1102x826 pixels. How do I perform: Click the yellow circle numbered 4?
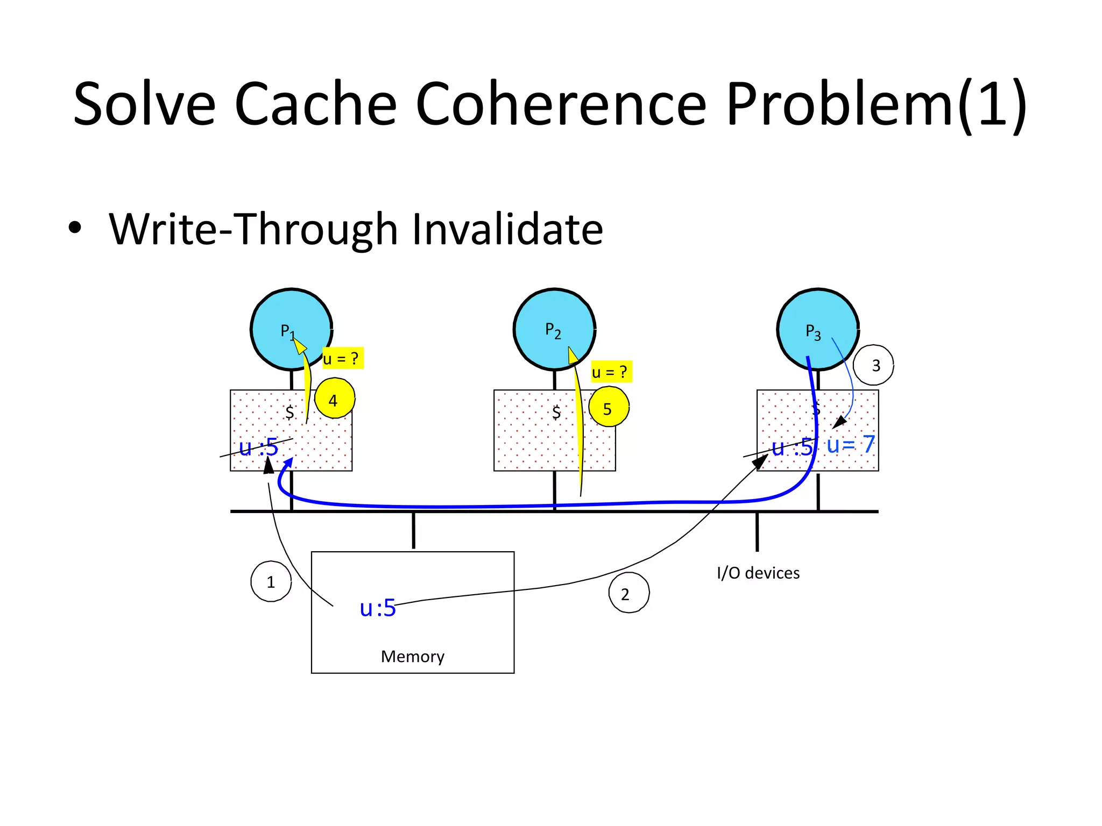(x=334, y=399)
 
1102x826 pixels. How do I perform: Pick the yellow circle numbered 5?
(x=609, y=408)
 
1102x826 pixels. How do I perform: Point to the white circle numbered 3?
(x=874, y=365)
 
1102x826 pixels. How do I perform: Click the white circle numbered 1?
(x=271, y=581)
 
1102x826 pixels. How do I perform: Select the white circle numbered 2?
(x=628, y=593)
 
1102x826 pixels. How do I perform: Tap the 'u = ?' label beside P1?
(x=342, y=358)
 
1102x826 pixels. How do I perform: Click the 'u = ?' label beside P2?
(x=611, y=372)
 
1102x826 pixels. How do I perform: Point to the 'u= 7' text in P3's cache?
(x=850, y=444)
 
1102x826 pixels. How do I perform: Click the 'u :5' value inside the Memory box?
(x=378, y=608)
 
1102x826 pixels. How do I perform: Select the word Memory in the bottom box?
(x=413, y=656)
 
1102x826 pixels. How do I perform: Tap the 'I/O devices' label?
(x=758, y=573)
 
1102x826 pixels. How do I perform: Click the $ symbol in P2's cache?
(x=556, y=412)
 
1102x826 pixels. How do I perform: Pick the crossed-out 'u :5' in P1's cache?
(x=258, y=447)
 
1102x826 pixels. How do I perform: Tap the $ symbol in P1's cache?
(x=289, y=412)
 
